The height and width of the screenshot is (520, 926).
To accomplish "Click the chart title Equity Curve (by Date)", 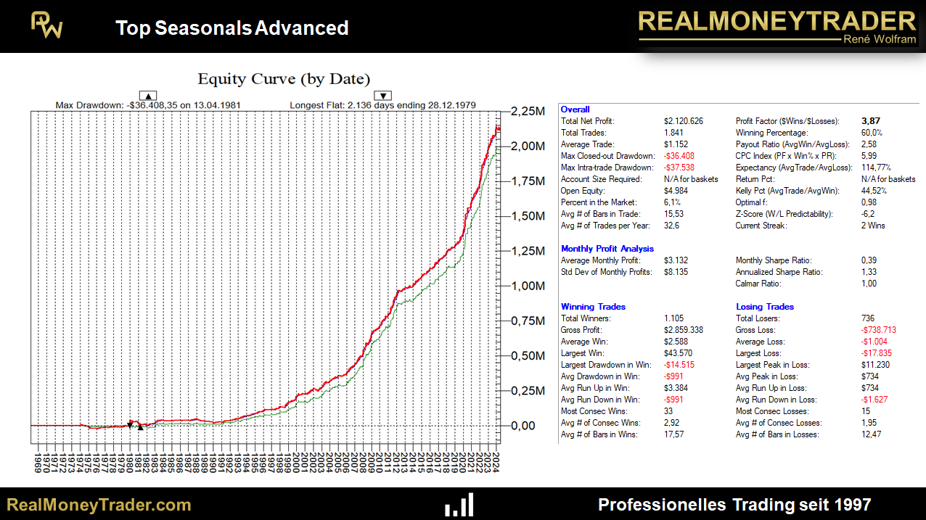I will (x=284, y=79).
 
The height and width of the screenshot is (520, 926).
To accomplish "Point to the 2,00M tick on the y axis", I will (x=528, y=146).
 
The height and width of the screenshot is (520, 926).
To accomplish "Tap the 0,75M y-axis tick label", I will (x=528, y=321).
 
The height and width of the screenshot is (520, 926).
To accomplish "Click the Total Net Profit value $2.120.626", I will (x=684, y=121).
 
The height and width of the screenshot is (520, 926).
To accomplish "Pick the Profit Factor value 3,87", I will (x=871, y=121).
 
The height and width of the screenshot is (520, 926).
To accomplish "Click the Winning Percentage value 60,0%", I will (x=872, y=133).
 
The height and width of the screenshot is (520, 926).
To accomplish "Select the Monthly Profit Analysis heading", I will (x=607, y=249).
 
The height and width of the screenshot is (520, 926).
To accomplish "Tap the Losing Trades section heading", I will (x=765, y=307).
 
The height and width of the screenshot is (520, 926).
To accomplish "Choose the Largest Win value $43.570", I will (x=679, y=353).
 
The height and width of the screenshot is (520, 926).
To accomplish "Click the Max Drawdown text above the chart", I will (x=148, y=105).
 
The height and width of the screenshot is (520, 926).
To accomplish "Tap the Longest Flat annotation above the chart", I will (x=382, y=105).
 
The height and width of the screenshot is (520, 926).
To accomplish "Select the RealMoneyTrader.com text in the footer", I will (x=99, y=505).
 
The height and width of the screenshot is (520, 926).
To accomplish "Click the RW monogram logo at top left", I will (x=46, y=26).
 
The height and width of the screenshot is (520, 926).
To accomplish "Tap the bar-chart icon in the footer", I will (x=459, y=505).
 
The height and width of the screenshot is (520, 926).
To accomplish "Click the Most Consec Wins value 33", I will (x=668, y=411).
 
